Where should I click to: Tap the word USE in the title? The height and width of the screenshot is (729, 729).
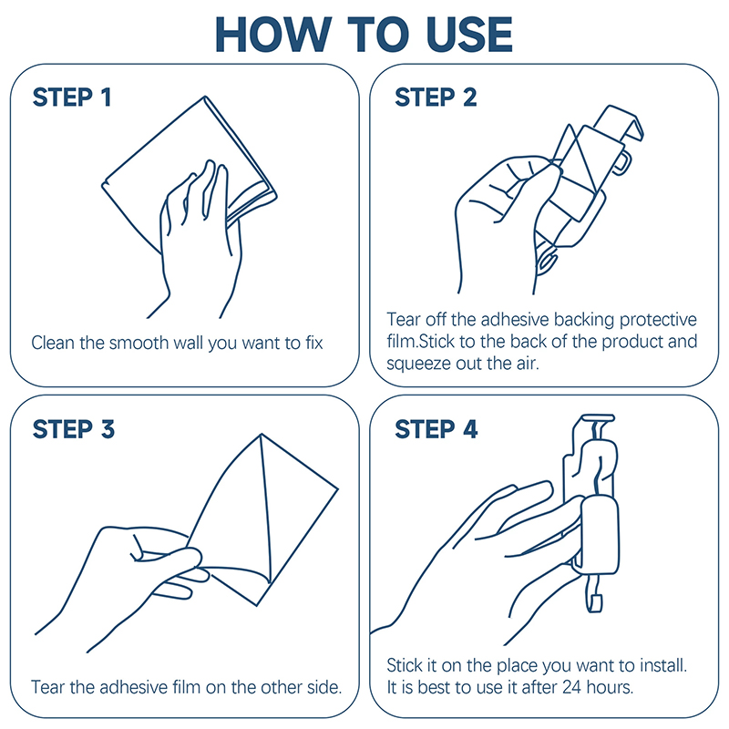[468, 35]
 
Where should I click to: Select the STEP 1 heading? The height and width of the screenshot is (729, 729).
[72, 98]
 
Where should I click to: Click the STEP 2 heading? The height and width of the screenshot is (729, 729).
[436, 98]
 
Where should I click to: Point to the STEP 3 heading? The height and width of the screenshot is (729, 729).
[74, 428]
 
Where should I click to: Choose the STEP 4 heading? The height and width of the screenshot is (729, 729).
[436, 428]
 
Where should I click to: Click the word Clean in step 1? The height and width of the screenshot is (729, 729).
[53, 343]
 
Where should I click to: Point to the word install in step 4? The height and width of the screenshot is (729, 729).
[663, 665]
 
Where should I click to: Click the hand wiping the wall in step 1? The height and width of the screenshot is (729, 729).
[200, 237]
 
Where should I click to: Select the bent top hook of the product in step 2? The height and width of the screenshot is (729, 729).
[619, 122]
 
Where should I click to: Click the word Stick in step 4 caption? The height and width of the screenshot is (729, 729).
[405, 665]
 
